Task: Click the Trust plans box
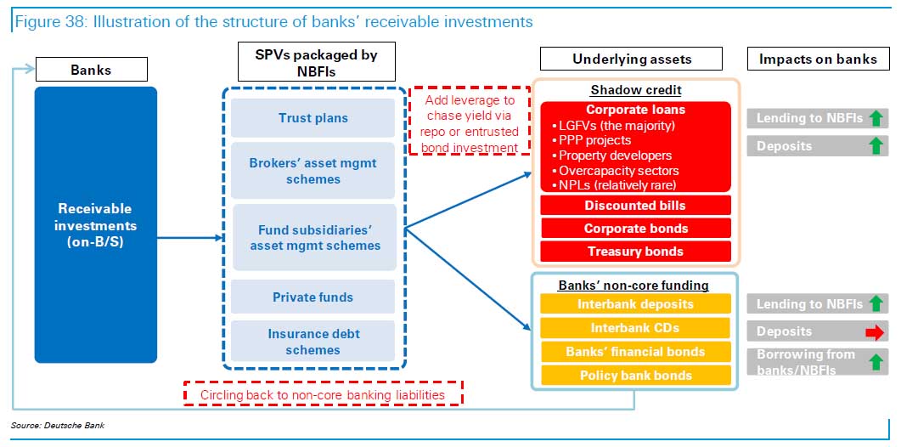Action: pyautogui.click(x=313, y=118)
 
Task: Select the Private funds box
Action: pyautogui.click(x=313, y=297)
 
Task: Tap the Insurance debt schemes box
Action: pyautogui.click(x=313, y=342)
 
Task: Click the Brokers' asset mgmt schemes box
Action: pyautogui.click(x=313, y=171)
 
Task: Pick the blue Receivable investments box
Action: pyautogui.click(x=95, y=224)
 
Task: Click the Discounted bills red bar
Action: pyautogui.click(x=635, y=206)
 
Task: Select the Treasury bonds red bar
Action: pyautogui.click(x=635, y=252)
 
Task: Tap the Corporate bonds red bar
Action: pyautogui.click(x=635, y=229)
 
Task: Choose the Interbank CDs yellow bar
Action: pyautogui.click(x=635, y=328)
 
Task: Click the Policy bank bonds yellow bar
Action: pyautogui.click(x=635, y=376)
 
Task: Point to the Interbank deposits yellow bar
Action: pyautogui.click(x=635, y=304)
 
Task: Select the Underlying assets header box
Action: pyautogui.click(x=631, y=59)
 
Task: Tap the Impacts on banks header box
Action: pyautogui.click(x=818, y=59)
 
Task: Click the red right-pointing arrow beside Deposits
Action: pyautogui.click(x=874, y=332)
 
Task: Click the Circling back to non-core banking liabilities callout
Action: pyautogui.click(x=323, y=394)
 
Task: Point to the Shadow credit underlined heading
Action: pyautogui.click(x=636, y=91)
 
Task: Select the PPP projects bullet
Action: pyautogui.click(x=594, y=140)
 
